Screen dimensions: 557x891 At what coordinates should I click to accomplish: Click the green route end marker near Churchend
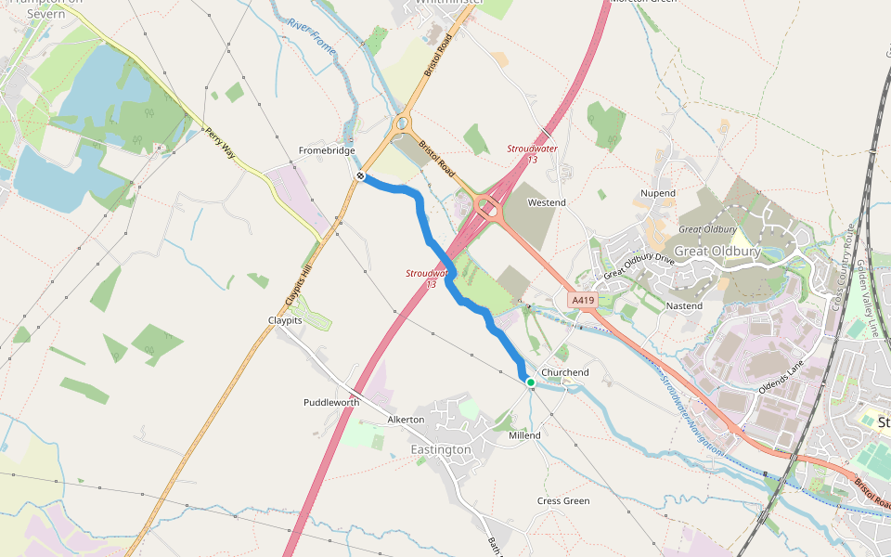click(x=530, y=382)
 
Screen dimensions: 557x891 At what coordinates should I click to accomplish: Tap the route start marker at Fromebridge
click(x=360, y=175)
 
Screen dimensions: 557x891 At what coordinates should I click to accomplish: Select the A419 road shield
click(x=582, y=300)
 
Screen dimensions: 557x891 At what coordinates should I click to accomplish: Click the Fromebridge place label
click(x=327, y=150)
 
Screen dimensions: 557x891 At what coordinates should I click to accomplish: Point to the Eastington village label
click(x=441, y=449)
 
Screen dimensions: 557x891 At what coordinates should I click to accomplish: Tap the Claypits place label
click(x=285, y=319)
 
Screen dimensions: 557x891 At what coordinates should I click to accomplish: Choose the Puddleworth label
click(x=331, y=403)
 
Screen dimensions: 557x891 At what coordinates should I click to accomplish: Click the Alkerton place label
click(x=406, y=420)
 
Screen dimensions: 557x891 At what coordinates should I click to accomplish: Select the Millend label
click(x=524, y=435)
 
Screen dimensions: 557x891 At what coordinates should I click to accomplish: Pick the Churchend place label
click(x=565, y=373)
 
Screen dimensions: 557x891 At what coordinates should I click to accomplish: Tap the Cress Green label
click(x=563, y=501)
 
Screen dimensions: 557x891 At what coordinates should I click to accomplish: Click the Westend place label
click(x=546, y=202)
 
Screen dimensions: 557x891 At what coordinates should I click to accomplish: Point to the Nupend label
click(x=658, y=193)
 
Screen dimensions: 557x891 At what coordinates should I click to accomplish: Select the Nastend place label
click(x=684, y=305)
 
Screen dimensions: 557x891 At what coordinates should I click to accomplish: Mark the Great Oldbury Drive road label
click(x=639, y=266)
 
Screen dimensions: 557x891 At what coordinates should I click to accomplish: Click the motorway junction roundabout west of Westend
click(x=486, y=207)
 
